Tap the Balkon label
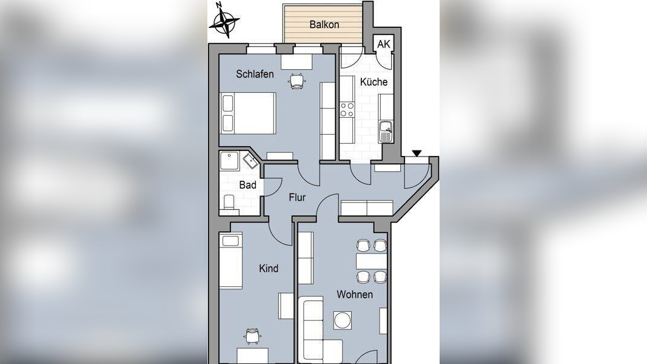(x=324, y=24)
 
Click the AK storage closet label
(x=383, y=44)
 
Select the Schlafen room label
(x=255, y=74)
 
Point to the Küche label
(x=374, y=82)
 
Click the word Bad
(x=247, y=185)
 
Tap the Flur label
(x=297, y=198)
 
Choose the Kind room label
(x=269, y=268)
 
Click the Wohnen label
(x=355, y=295)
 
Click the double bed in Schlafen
(x=248, y=113)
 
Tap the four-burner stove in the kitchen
(x=347, y=109)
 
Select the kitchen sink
(x=386, y=132)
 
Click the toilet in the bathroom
(x=229, y=203)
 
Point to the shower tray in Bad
(x=229, y=161)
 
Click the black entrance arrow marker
(x=417, y=153)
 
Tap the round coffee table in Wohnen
(x=343, y=320)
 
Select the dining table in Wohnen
(x=371, y=261)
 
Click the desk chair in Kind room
(x=252, y=335)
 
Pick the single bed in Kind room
(x=230, y=261)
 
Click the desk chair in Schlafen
(x=297, y=81)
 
